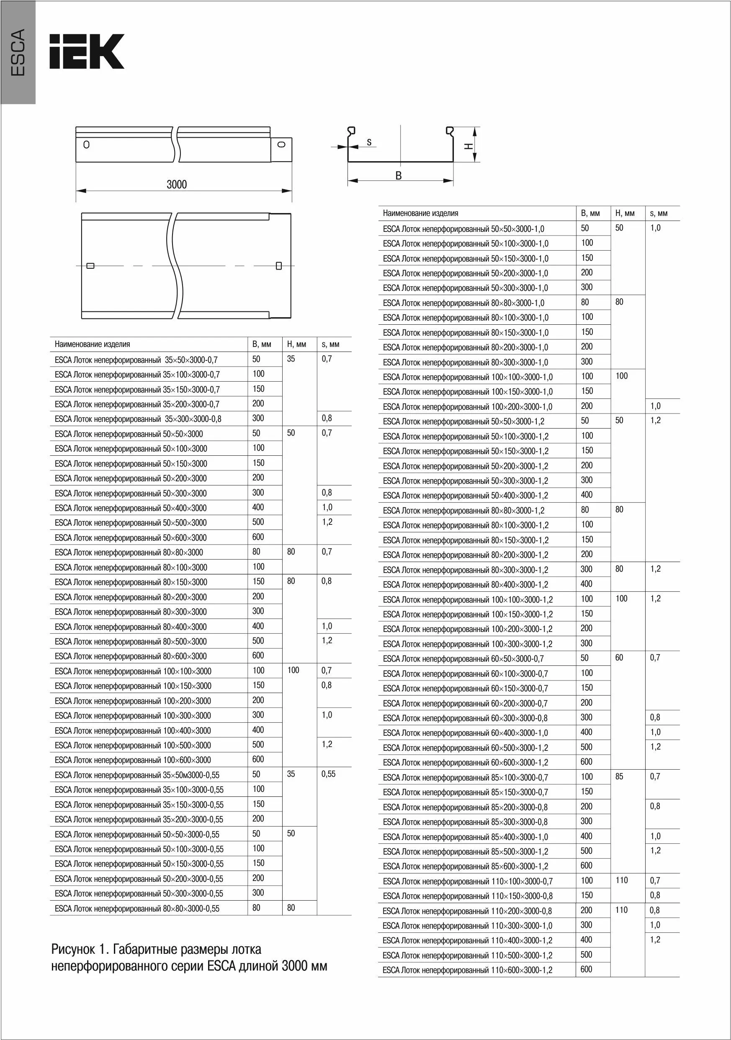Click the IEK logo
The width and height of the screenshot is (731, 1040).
pyautogui.click(x=87, y=51)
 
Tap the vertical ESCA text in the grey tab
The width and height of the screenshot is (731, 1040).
pyautogui.click(x=18, y=53)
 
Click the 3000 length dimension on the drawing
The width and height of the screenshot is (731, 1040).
pyautogui.click(x=176, y=185)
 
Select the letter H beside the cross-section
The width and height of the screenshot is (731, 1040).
pyautogui.click(x=468, y=146)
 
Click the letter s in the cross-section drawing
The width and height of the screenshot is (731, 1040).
pyautogui.click(x=369, y=142)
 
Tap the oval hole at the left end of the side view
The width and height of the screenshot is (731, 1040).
pyautogui.click(x=86, y=145)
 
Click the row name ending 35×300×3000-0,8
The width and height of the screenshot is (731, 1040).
pyautogui.click(x=138, y=419)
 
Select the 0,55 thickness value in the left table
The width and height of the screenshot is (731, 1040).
pyautogui.click(x=328, y=774)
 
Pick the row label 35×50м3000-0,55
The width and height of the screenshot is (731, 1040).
pyautogui.click(x=137, y=775)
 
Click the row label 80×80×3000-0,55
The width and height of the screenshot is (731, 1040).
pyautogui.click(x=137, y=908)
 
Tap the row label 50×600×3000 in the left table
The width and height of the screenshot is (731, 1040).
pyautogui.click(x=131, y=538)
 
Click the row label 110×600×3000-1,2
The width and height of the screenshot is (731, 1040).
pyautogui.click(x=467, y=970)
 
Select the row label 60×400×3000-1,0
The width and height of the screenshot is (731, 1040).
pyautogui.click(x=465, y=732)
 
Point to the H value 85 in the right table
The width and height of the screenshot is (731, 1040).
pyautogui.click(x=619, y=776)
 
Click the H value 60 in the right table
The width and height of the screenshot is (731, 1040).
pyautogui.click(x=619, y=658)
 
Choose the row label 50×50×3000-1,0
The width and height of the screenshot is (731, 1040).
pyautogui.click(x=463, y=229)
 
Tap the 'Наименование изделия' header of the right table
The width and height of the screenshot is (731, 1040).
pyautogui.click(x=420, y=213)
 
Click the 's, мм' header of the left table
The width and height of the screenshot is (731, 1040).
pyautogui.click(x=330, y=344)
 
